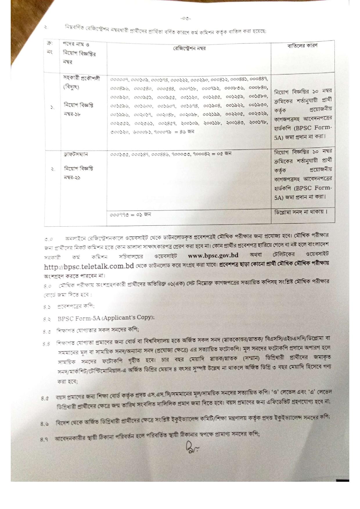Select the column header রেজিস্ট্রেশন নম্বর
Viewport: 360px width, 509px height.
coord(189,48)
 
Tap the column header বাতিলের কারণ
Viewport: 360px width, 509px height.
coord(302,46)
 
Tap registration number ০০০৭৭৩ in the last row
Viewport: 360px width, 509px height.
coord(119,215)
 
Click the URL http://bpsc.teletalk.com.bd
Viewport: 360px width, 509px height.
coord(89,266)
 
